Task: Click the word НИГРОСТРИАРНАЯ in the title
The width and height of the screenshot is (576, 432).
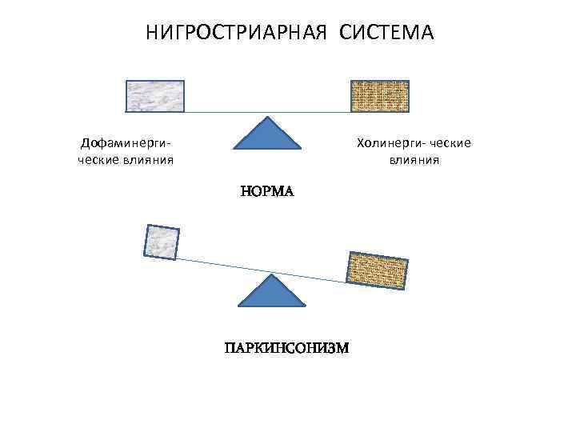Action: pos(238,34)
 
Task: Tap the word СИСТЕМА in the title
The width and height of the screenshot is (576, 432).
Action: pos(386,34)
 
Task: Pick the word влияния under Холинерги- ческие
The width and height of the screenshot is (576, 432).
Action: pos(414,159)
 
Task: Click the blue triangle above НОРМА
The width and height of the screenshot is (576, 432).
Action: pos(267,134)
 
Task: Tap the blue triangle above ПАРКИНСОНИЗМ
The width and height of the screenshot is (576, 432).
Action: pos(273,293)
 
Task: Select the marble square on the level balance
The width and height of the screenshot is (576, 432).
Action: pos(155,96)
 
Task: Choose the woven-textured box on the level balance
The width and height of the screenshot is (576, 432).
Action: pos(381,96)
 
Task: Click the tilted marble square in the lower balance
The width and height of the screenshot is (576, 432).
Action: pos(162,242)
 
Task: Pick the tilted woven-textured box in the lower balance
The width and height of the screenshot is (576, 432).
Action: pos(376,267)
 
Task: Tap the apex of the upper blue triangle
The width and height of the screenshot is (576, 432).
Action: pos(267,117)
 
